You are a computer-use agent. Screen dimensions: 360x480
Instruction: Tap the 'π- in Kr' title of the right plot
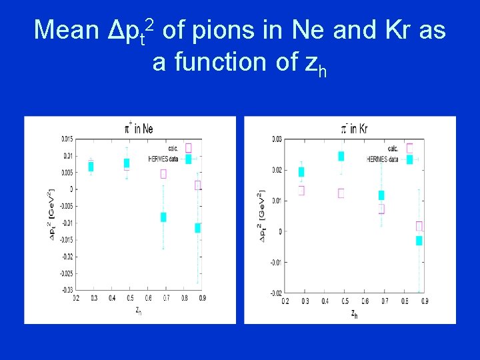(353, 129)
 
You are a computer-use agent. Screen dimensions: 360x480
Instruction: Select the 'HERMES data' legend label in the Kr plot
(383, 160)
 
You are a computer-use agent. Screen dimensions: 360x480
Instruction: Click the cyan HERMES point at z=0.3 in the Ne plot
(91, 166)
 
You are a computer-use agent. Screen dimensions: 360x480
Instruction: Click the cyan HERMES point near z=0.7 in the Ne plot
(163, 217)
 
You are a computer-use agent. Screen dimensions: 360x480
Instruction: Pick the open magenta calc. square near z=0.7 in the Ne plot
(163, 174)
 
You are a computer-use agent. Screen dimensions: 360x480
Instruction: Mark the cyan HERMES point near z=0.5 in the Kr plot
(341, 156)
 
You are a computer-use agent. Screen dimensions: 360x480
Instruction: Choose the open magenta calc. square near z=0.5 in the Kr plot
(341, 193)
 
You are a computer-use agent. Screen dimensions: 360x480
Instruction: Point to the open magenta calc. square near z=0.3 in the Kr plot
(301, 190)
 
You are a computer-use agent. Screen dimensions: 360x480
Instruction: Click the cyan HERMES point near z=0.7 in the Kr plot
(381, 195)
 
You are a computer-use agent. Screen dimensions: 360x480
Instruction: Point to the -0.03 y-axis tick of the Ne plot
(67, 290)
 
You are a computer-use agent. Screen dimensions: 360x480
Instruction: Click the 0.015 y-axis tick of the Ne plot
(67, 139)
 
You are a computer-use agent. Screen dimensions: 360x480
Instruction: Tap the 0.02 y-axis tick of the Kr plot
(277, 170)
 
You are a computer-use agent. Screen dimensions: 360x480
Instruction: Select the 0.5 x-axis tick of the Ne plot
(127, 297)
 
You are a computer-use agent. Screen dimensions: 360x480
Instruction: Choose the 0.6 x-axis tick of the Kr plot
(365, 301)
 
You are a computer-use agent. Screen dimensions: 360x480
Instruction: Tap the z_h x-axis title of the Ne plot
(138, 309)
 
